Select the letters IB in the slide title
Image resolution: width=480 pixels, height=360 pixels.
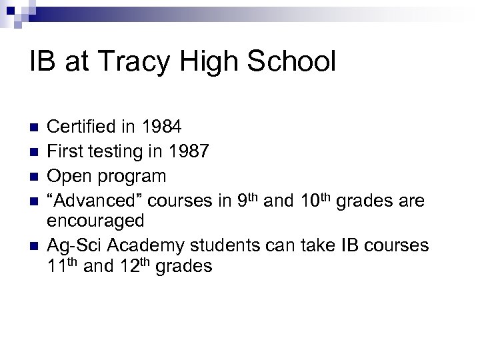[x=41, y=61]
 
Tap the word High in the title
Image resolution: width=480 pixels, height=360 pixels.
[x=204, y=61]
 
